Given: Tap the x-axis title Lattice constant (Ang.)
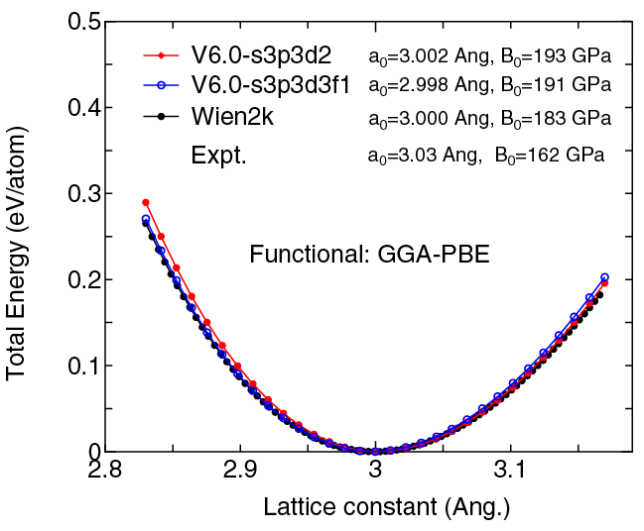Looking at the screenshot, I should [x=386, y=508].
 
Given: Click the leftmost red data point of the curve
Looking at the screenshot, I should [x=146, y=202].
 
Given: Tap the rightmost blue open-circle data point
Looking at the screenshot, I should [x=604, y=277].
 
